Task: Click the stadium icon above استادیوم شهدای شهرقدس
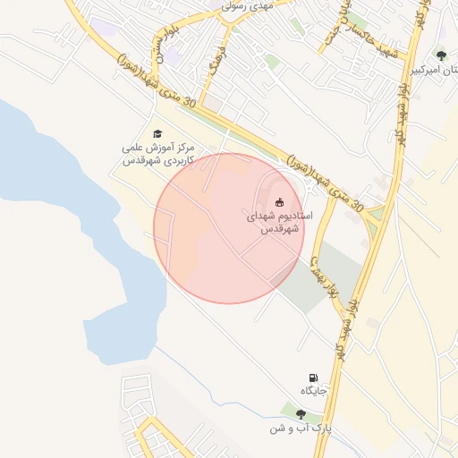[280, 200]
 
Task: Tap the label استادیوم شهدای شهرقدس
[278, 223]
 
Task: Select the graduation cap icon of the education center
[158, 132]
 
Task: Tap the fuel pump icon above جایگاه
[313, 377]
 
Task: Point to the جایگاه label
[314, 391]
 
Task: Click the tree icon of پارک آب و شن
[301, 414]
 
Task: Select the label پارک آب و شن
[301, 429]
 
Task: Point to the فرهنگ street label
[214, 67]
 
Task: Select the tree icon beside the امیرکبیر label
[441, 55]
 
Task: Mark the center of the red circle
[229, 228]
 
